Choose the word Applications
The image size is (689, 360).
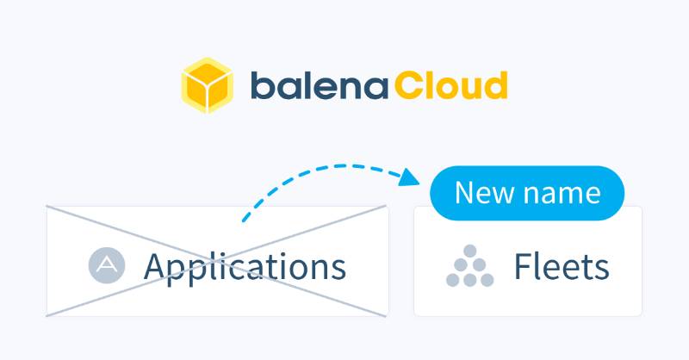pyautogui.click(x=245, y=267)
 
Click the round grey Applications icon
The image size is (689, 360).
pyautogui.click(x=107, y=265)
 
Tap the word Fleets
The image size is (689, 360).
pyautogui.click(x=562, y=267)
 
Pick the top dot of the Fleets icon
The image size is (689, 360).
pyautogui.click(x=469, y=251)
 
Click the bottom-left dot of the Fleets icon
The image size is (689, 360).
pyautogui.click(x=453, y=280)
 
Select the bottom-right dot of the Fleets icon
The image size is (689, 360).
pyautogui.click(x=487, y=280)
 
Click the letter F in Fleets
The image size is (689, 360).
pyautogui.click(x=522, y=267)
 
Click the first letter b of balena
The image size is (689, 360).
pyautogui.click(x=261, y=85)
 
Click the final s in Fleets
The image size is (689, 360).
pyautogui.click(x=603, y=270)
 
